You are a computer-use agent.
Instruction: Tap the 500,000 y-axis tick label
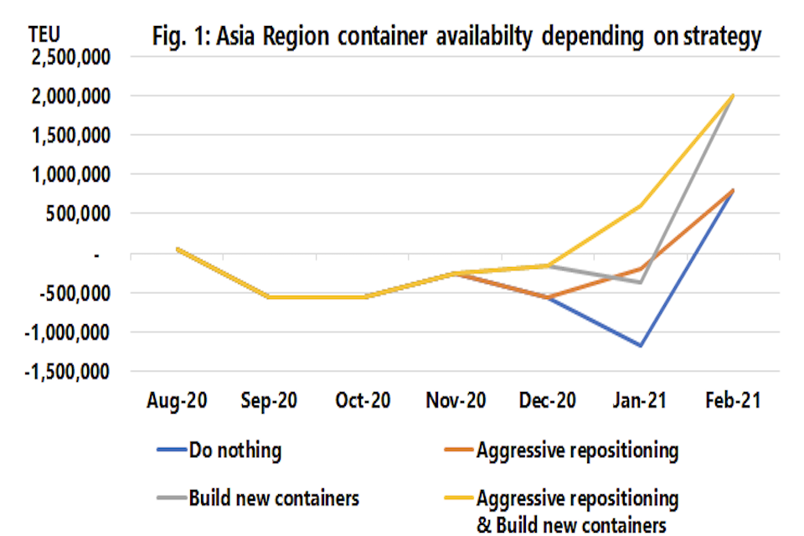pos(83,214)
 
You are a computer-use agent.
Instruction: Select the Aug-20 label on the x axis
pos(178,401)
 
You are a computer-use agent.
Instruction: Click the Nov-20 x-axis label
pos(456,401)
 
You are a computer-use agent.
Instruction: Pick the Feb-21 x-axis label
pos(732,401)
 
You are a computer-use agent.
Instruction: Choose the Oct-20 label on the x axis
pos(363,401)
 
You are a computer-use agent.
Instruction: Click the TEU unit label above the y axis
pos(46,34)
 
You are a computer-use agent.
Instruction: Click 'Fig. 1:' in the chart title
pos(178,37)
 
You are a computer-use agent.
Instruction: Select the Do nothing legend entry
pos(234,451)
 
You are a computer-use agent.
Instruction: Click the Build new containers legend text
pos(273,498)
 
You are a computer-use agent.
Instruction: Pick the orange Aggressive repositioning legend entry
pos(577,451)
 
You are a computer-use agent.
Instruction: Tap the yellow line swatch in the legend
pos(457,498)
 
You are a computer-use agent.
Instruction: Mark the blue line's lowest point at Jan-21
pos(641,345)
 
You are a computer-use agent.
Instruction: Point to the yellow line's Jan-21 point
pos(641,205)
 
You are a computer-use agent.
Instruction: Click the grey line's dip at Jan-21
pos(641,282)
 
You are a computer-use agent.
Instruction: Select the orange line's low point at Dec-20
pos(548,297)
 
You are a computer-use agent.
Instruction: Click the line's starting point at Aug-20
pos(178,249)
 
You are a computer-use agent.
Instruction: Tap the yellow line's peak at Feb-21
pos(733,95)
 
